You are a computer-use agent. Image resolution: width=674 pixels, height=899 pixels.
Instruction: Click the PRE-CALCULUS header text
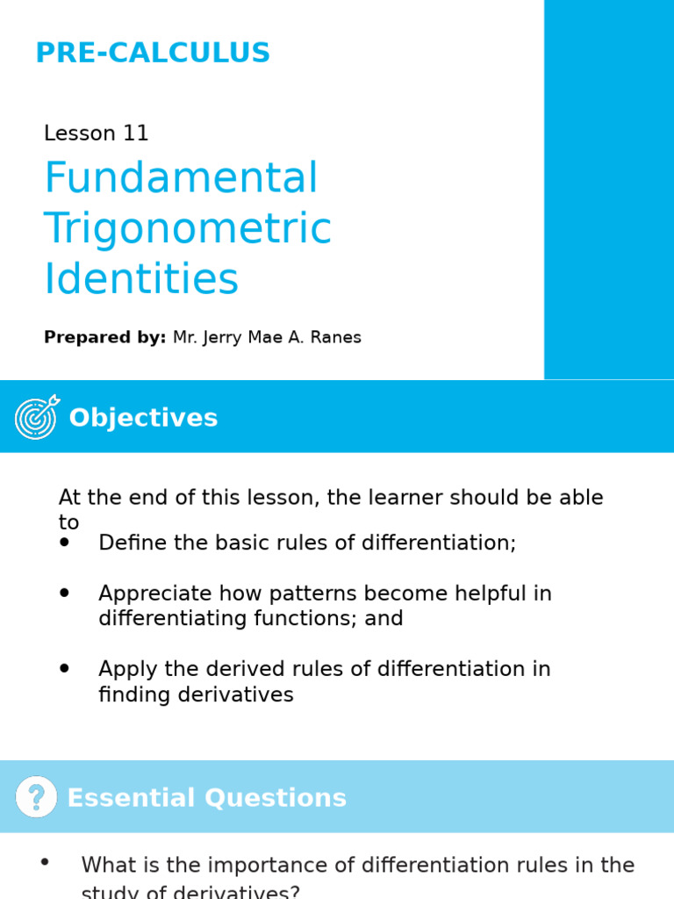(153, 54)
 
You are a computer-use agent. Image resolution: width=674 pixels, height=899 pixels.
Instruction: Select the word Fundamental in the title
(181, 178)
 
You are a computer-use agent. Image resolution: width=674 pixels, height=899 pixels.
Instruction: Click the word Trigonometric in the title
(187, 229)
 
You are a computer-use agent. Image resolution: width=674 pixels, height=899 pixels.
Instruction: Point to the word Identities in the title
(140, 279)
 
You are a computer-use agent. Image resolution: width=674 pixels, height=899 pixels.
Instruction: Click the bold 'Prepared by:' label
(104, 338)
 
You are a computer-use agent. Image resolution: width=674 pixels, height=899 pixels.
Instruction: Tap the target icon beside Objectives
(37, 417)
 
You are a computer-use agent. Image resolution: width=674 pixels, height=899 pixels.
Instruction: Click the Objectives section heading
(143, 418)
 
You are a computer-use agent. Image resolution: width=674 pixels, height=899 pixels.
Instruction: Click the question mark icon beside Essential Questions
(36, 797)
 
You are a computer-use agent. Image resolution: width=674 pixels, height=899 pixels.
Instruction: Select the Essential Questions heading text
(206, 798)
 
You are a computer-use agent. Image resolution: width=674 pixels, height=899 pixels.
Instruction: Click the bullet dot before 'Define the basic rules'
(64, 543)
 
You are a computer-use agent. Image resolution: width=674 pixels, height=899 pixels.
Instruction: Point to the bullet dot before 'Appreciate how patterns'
(64, 593)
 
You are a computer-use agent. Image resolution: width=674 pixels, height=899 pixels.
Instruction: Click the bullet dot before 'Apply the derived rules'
(64, 669)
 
